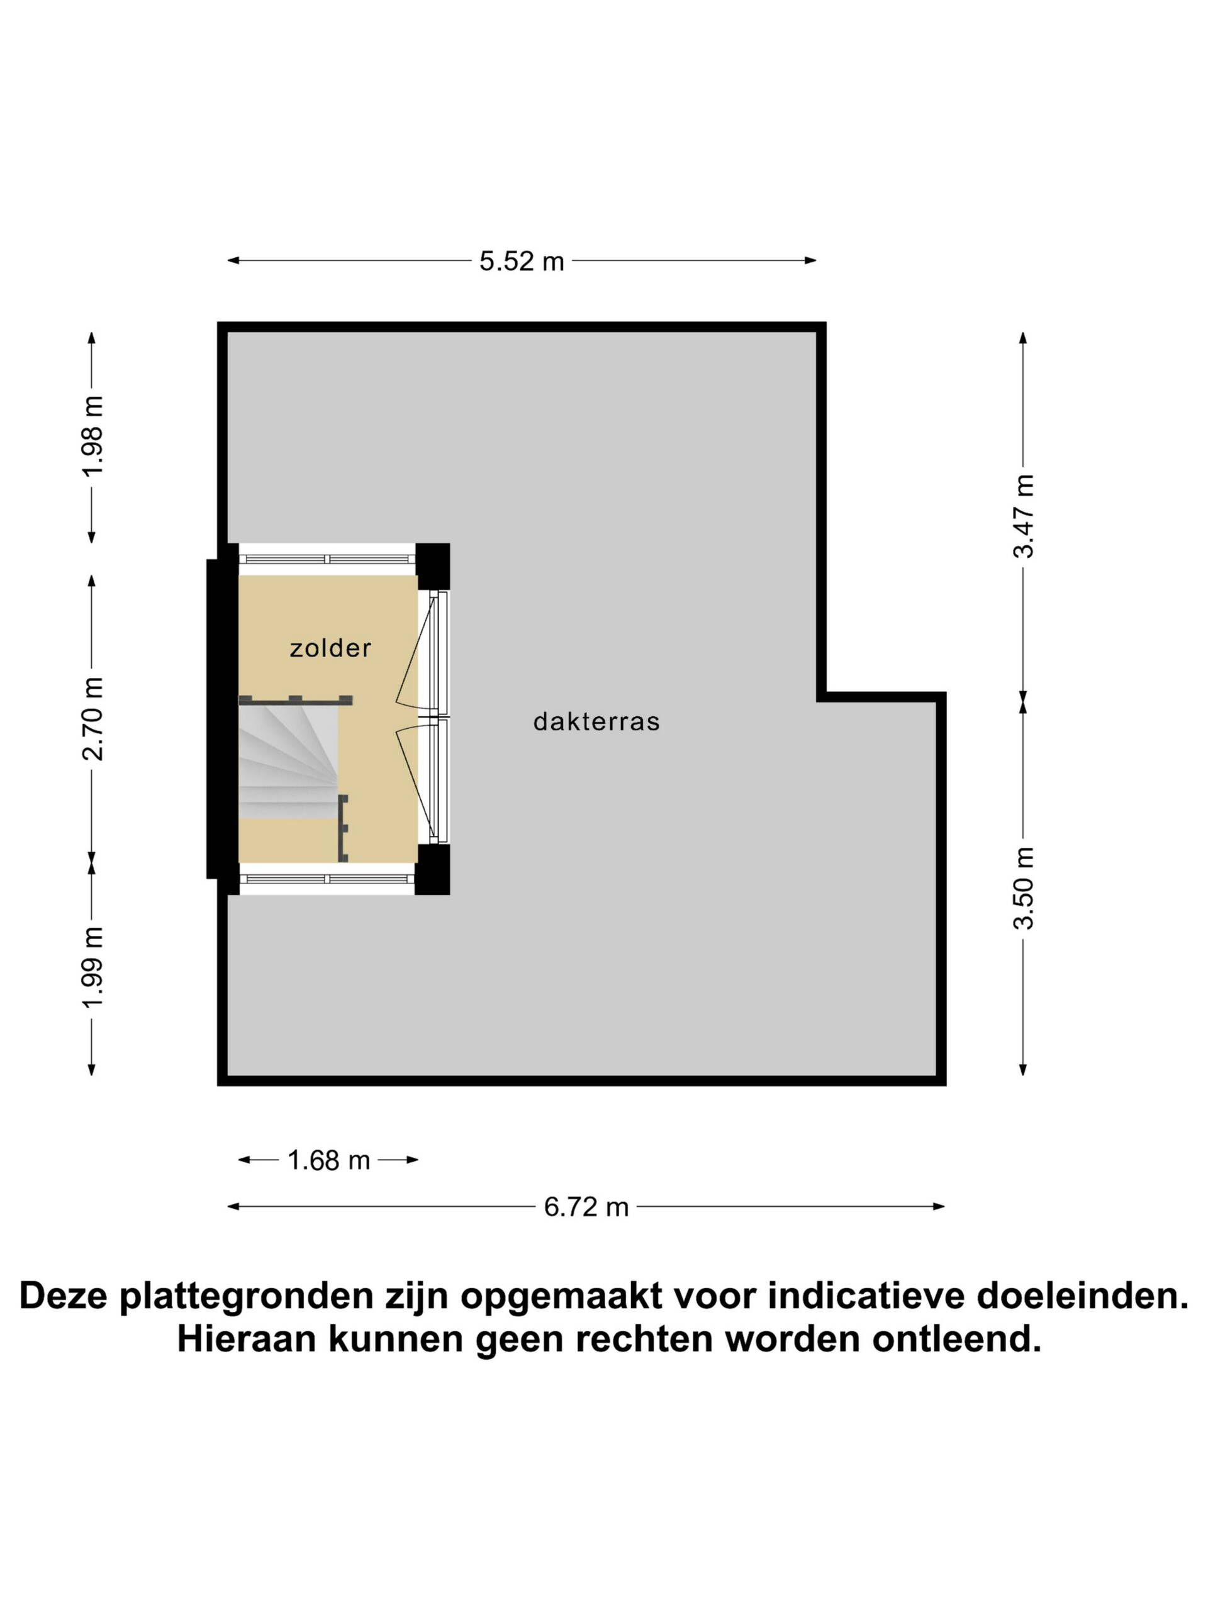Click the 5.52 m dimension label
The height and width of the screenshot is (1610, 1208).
click(x=522, y=261)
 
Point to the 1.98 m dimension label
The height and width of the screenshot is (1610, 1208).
click(x=93, y=435)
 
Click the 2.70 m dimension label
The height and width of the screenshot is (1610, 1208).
click(x=93, y=718)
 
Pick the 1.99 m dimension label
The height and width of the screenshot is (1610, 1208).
click(x=93, y=967)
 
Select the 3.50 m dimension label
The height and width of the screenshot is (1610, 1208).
click(x=1024, y=888)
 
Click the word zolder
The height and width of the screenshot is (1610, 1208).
click(x=330, y=648)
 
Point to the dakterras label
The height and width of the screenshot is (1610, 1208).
click(x=596, y=721)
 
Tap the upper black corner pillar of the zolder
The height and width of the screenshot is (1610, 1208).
click(x=432, y=566)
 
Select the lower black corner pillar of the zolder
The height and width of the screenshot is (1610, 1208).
click(x=432, y=869)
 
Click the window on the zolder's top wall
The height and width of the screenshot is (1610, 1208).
click(x=328, y=559)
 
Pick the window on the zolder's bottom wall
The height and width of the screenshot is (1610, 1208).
click(x=328, y=879)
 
